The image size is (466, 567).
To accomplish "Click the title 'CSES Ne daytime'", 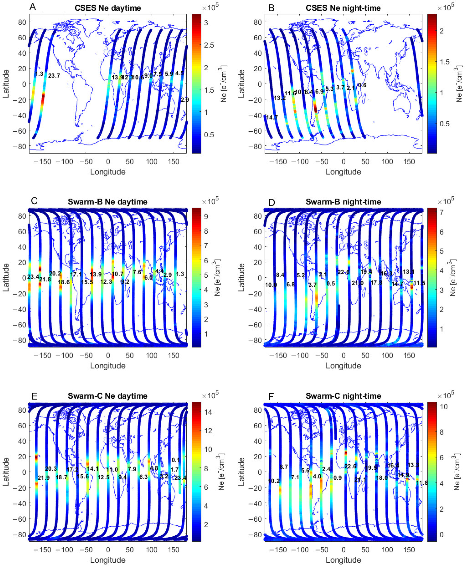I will pos(108,8).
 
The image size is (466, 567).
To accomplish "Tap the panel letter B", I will pos(271,8).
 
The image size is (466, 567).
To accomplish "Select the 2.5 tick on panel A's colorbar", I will pos(209,45).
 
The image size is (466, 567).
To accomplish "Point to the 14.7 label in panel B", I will pos(272,117).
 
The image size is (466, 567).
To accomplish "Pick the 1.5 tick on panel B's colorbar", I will pos(445,62).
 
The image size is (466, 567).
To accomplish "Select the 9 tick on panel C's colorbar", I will pos(206,217).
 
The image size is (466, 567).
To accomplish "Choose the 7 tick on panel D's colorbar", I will pos(441,212).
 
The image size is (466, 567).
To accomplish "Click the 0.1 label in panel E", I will pos(176,460).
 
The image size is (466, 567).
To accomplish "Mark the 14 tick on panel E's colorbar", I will pos(208,412).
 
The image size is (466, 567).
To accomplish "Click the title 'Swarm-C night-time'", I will pos(343,396).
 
